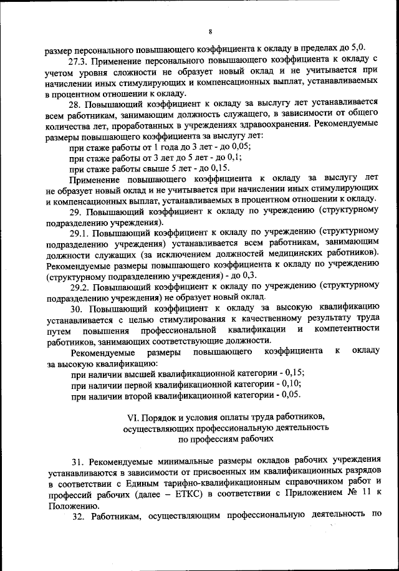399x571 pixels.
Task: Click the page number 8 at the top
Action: (x=211, y=31)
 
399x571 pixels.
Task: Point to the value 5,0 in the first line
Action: (x=358, y=47)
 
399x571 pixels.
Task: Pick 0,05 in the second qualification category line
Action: (x=291, y=395)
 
